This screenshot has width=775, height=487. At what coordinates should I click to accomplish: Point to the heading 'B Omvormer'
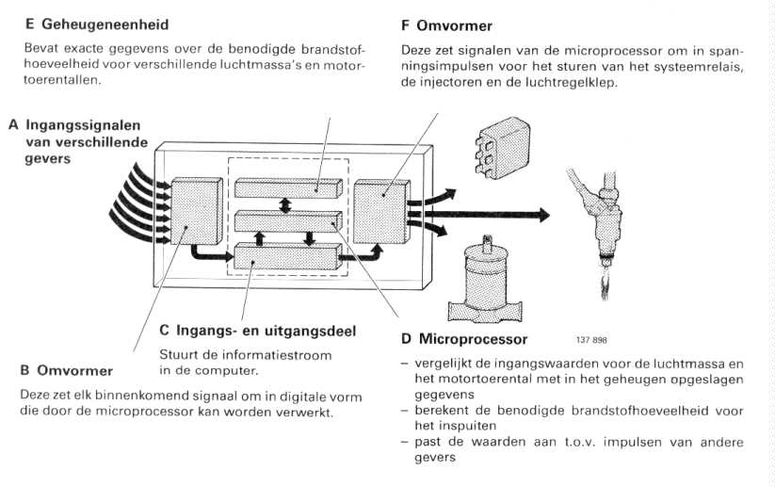67,371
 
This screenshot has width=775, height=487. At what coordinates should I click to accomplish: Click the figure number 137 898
589,340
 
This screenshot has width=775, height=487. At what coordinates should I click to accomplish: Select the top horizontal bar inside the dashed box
287,187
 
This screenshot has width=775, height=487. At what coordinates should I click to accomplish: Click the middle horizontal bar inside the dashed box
286,221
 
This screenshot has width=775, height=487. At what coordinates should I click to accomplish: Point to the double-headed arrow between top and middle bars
285,204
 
